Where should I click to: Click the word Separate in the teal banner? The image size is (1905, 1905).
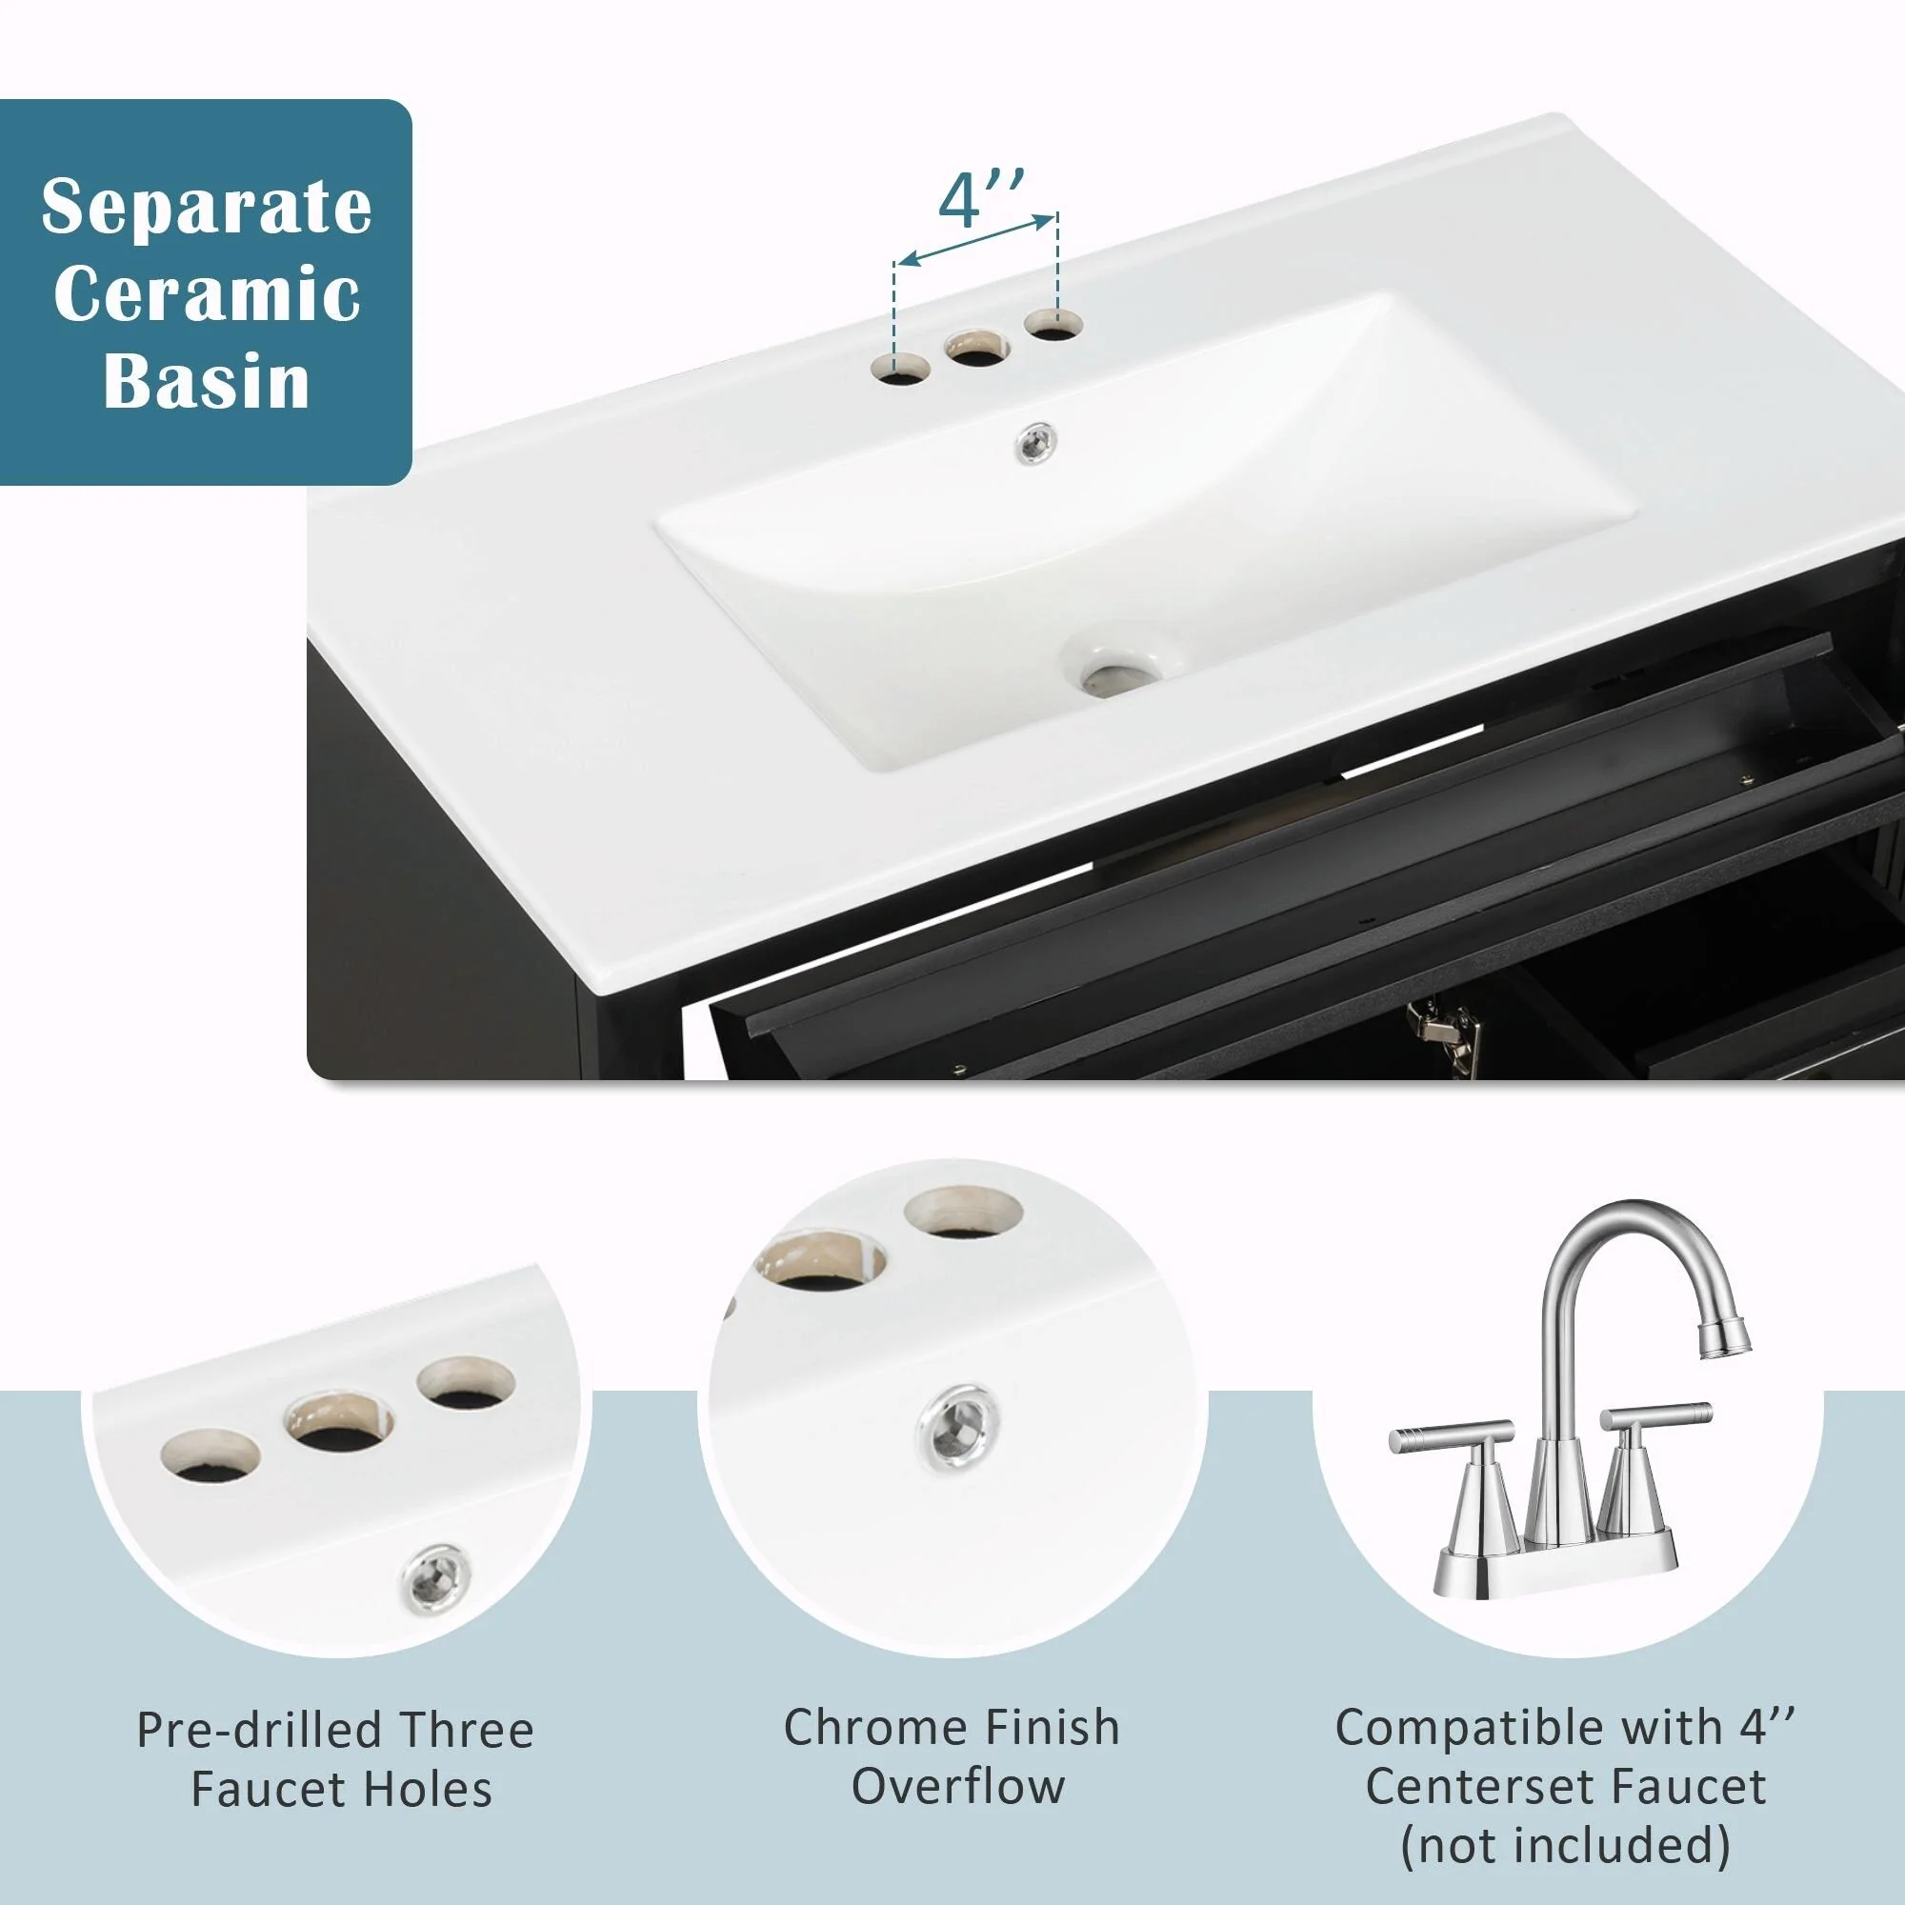coord(207,209)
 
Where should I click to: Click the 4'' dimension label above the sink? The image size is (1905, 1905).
coord(981,200)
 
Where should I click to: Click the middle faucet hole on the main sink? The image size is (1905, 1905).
coord(977,348)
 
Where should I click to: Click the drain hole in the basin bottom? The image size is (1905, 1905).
coord(1117,676)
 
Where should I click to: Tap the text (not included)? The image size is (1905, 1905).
coord(1566,1845)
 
